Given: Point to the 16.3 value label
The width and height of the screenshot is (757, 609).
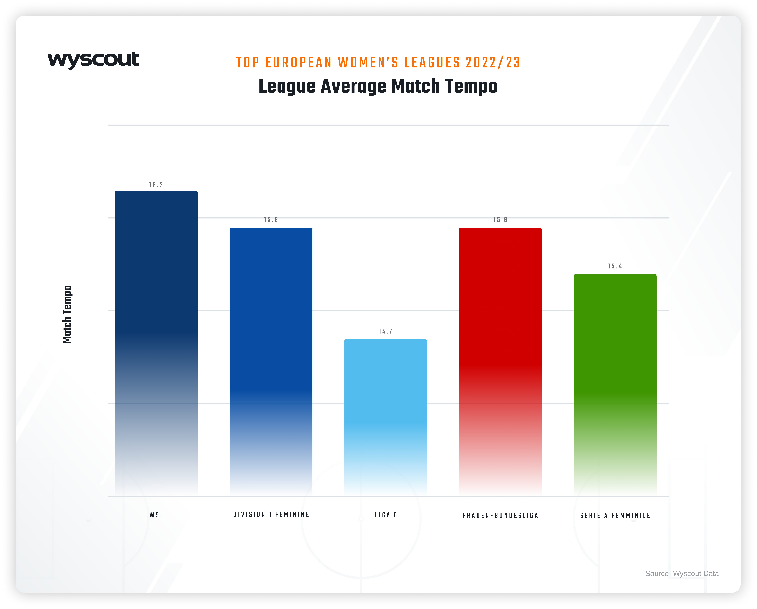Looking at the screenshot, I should (x=156, y=185).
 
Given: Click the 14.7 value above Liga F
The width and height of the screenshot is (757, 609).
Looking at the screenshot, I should (x=385, y=331).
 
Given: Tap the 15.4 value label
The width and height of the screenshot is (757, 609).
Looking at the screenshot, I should (x=615, y=266).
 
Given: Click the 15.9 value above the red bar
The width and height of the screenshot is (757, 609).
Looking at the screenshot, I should (x=500, y=220).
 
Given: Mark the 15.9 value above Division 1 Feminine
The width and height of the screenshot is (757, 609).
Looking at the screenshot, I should (x=271, y=220).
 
